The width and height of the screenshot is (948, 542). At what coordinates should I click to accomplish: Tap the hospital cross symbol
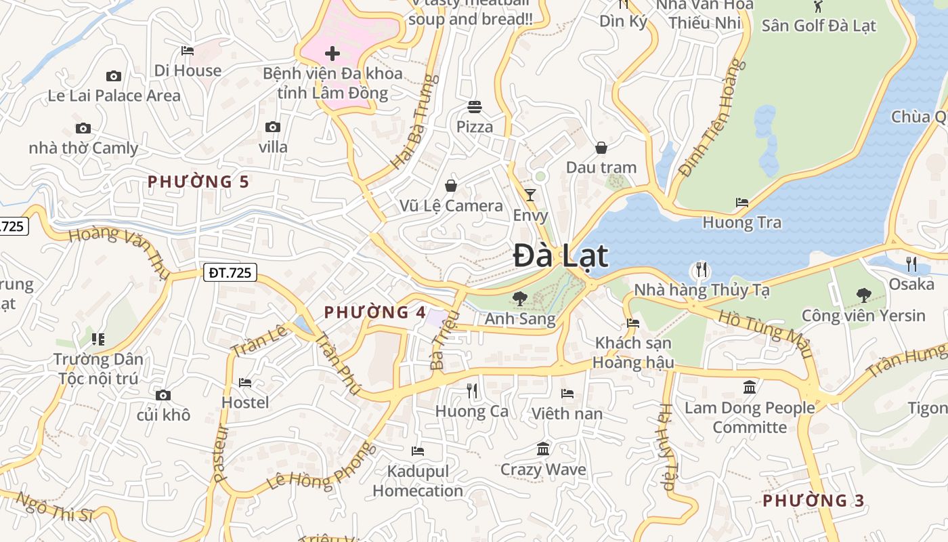pos(332,53)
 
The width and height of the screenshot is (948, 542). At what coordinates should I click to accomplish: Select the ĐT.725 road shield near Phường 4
pos(230,273)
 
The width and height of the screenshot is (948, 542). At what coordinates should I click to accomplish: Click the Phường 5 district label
pos(198,182)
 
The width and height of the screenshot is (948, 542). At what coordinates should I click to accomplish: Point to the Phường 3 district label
pos(813,501)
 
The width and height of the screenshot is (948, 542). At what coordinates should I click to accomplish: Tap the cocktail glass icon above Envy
pos(530,195)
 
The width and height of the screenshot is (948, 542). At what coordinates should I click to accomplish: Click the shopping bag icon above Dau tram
pos(601,148)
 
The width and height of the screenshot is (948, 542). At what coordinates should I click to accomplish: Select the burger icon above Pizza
pos(474,106)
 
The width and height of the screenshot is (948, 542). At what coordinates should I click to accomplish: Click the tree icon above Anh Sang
pos(520,297)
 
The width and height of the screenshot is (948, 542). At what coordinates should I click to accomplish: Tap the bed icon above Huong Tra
pos(742,203)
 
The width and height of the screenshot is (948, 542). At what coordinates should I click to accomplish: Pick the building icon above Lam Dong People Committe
pos(750,388)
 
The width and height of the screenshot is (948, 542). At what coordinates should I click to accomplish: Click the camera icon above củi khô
pos(163,395)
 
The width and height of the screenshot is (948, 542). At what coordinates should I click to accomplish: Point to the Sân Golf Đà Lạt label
pos(819,26)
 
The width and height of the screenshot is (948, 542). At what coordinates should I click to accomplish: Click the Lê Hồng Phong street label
pos(321,467)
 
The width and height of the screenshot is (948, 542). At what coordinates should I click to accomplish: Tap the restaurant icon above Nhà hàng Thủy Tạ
pos(701,270)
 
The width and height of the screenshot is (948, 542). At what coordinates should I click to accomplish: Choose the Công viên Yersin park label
pos(863,316)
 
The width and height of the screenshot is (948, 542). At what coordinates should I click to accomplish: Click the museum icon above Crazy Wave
pos(543,449)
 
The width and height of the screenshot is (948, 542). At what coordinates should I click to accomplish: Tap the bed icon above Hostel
pos(245,383)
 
